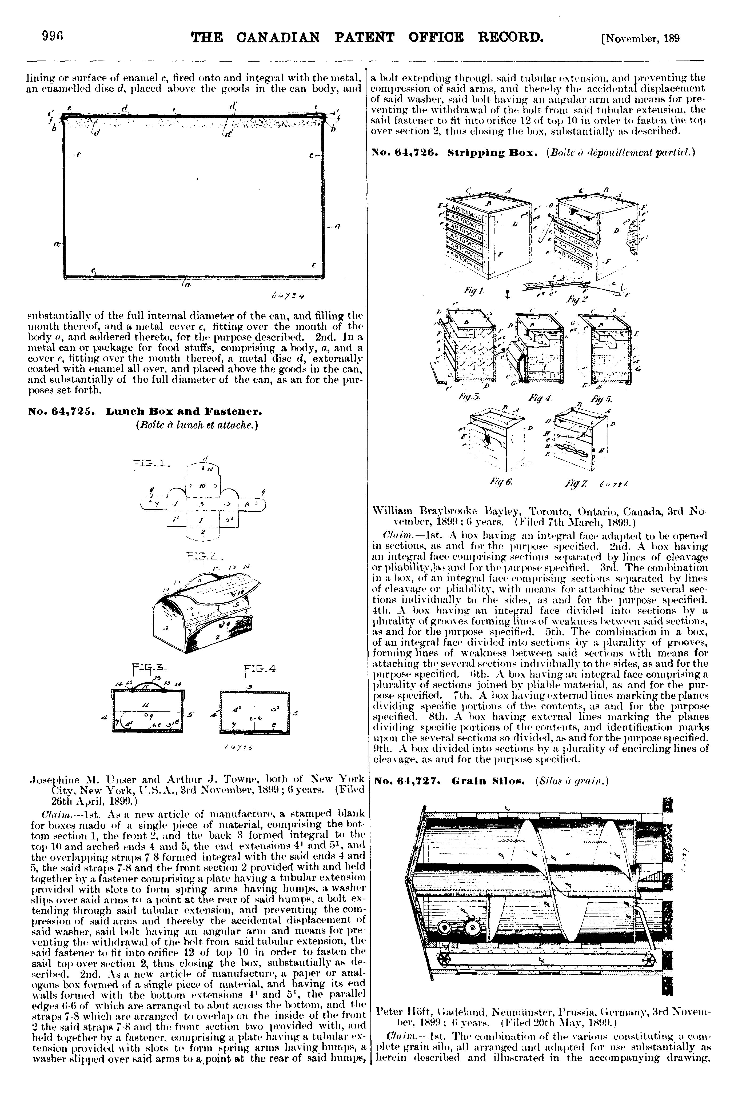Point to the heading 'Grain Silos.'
[x=481, y=782]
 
